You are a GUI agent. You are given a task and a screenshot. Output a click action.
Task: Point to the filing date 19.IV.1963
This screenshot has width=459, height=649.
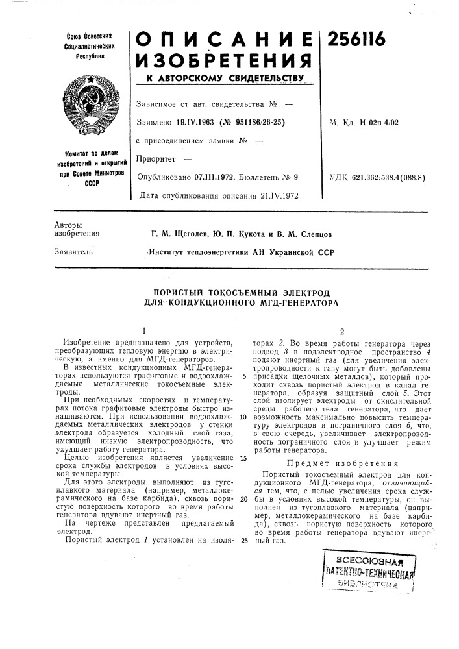[190, 121]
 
